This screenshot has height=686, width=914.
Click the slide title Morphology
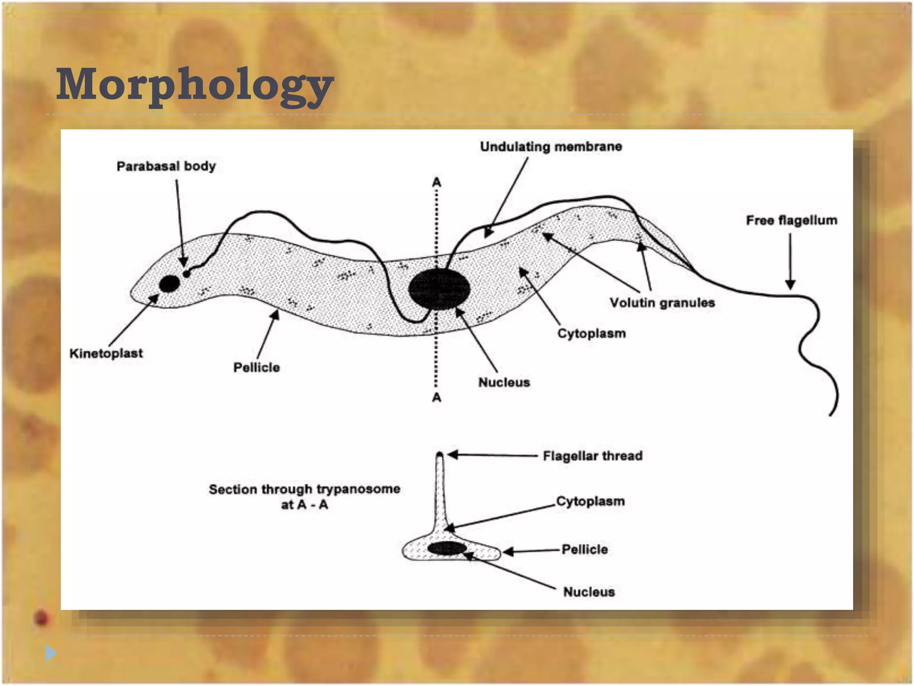click(195, 85)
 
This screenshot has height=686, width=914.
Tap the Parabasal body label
click(166, 167)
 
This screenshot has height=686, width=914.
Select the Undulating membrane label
click(551, 147)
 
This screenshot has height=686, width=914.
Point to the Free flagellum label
click(791, 221)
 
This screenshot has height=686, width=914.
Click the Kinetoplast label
click(106, 354)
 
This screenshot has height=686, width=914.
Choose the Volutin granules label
click(662, 303)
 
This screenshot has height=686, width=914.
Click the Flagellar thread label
click(593, 456)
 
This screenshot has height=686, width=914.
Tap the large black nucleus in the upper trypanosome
click(439, 289)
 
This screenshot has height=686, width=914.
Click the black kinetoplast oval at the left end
click(170, 284)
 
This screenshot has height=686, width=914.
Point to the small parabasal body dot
click(187, 273)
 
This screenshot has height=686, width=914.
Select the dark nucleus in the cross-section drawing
click(447, 548)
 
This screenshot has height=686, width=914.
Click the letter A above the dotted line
click(436, 182)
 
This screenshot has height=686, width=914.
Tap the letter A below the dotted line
click(436, 397)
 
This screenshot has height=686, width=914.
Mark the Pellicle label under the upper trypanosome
click(257, 368)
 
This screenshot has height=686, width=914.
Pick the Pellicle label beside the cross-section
click(585, 550)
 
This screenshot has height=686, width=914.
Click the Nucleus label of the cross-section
click(589, 592)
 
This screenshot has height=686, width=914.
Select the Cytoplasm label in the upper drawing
click(591, 334)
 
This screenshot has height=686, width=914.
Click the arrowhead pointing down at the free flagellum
click(790, 284)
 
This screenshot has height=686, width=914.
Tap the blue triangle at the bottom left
click(50, 653)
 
